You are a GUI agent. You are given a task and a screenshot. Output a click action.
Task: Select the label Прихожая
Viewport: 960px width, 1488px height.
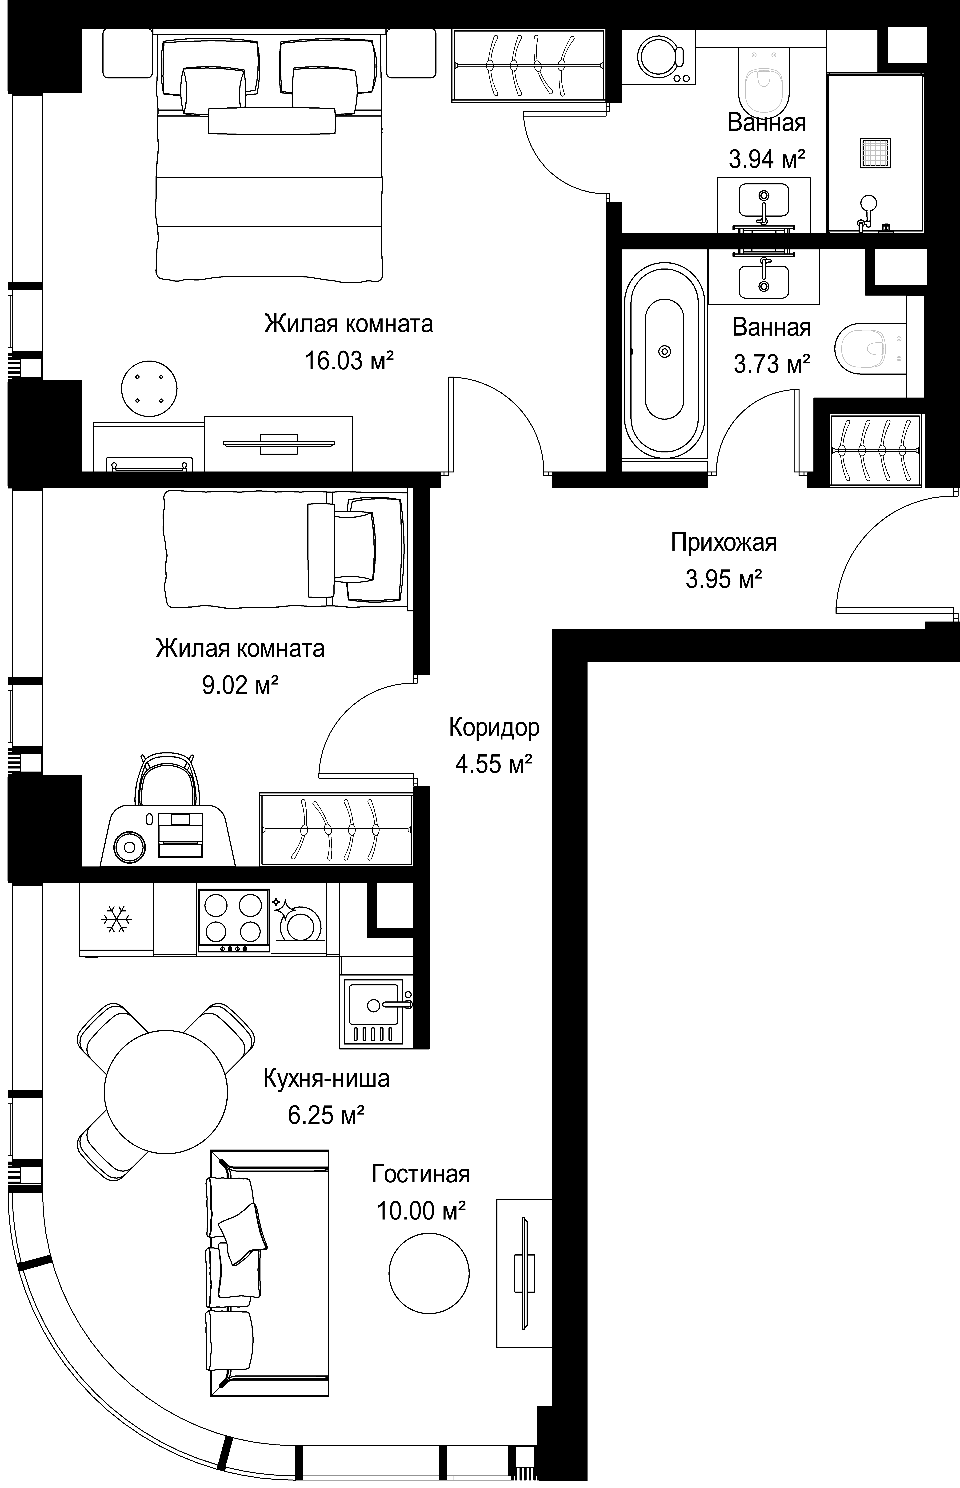(x=724, y=543)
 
